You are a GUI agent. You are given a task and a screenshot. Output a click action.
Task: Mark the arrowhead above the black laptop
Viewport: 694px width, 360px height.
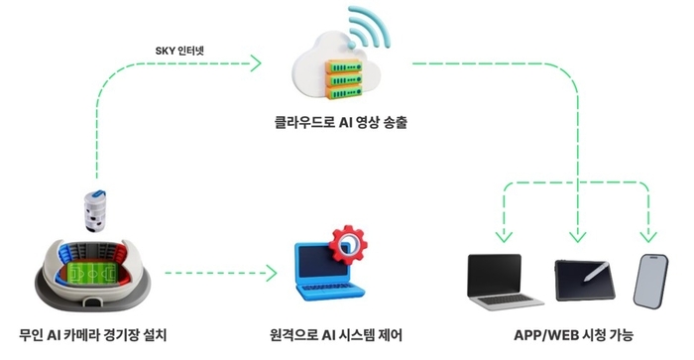504,236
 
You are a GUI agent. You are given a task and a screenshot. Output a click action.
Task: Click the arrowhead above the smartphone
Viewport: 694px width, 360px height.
648,236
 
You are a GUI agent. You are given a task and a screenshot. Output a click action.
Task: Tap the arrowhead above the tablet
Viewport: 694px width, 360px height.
576,236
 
